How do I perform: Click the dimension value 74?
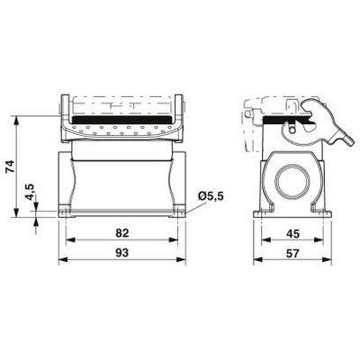(11, 166)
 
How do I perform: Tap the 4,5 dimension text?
(30, 192)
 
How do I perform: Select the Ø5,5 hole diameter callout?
(211, 196)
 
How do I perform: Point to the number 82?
(122, 233)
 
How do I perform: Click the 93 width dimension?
(122, 253)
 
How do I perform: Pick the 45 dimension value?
(292, 234)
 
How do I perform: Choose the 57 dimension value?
(292, 254)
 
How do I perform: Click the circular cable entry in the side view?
(292, 182)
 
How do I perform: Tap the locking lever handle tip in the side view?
(348, 140)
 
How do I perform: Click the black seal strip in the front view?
(122, 120)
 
